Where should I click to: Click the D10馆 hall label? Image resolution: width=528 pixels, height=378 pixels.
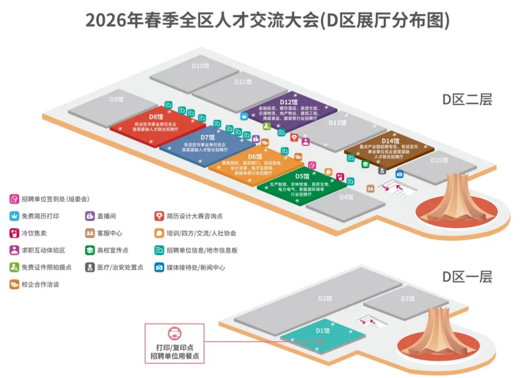point(200,65)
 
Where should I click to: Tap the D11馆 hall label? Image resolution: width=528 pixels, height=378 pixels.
point(243,82)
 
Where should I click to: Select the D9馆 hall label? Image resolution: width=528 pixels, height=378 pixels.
point(116,99)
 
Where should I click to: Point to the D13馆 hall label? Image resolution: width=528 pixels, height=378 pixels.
point(337,123)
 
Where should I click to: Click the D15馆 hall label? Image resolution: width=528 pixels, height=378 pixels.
point(439,160)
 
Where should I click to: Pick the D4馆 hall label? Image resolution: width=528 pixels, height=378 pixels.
point(346,197)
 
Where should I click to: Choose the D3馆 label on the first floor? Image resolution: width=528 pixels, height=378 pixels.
point(408,299)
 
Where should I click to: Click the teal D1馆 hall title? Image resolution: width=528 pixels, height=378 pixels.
point(323,331)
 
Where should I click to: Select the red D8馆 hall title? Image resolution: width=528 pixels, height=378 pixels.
point(156,117)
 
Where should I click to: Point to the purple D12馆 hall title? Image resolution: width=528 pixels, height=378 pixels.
point(289,102)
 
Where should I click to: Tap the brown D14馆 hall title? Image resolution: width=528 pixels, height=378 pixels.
point(391,141)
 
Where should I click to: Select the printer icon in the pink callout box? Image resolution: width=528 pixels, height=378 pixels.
point(175,334)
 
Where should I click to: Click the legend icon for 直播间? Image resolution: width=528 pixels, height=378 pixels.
point(90,216)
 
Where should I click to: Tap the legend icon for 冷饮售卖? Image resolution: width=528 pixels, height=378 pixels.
point(14,233)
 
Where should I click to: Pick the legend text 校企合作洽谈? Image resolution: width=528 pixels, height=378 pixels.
point(40,284)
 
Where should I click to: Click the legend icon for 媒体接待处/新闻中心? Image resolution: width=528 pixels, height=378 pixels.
point(159,267)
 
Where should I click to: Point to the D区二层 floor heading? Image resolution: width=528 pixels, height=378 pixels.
point(467,99)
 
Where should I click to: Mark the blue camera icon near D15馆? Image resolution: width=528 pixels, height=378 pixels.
point(399,174)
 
